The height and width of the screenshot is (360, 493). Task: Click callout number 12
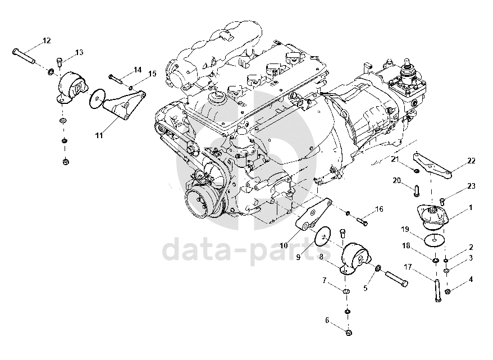pos(46,40)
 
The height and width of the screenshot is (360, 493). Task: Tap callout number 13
pos(79,52)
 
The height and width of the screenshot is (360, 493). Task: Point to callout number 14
pos(137,70)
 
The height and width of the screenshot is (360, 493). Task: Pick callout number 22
pos(471,161)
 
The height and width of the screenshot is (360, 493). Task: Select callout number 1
pos(471,208)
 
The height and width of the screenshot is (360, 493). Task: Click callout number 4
pos(471,279)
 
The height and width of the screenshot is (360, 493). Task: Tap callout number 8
pos(321,257)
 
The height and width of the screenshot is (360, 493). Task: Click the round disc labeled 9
pos(322,236)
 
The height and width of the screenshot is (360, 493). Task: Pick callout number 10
pos(283,245)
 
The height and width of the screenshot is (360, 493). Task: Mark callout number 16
pos(380,209)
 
